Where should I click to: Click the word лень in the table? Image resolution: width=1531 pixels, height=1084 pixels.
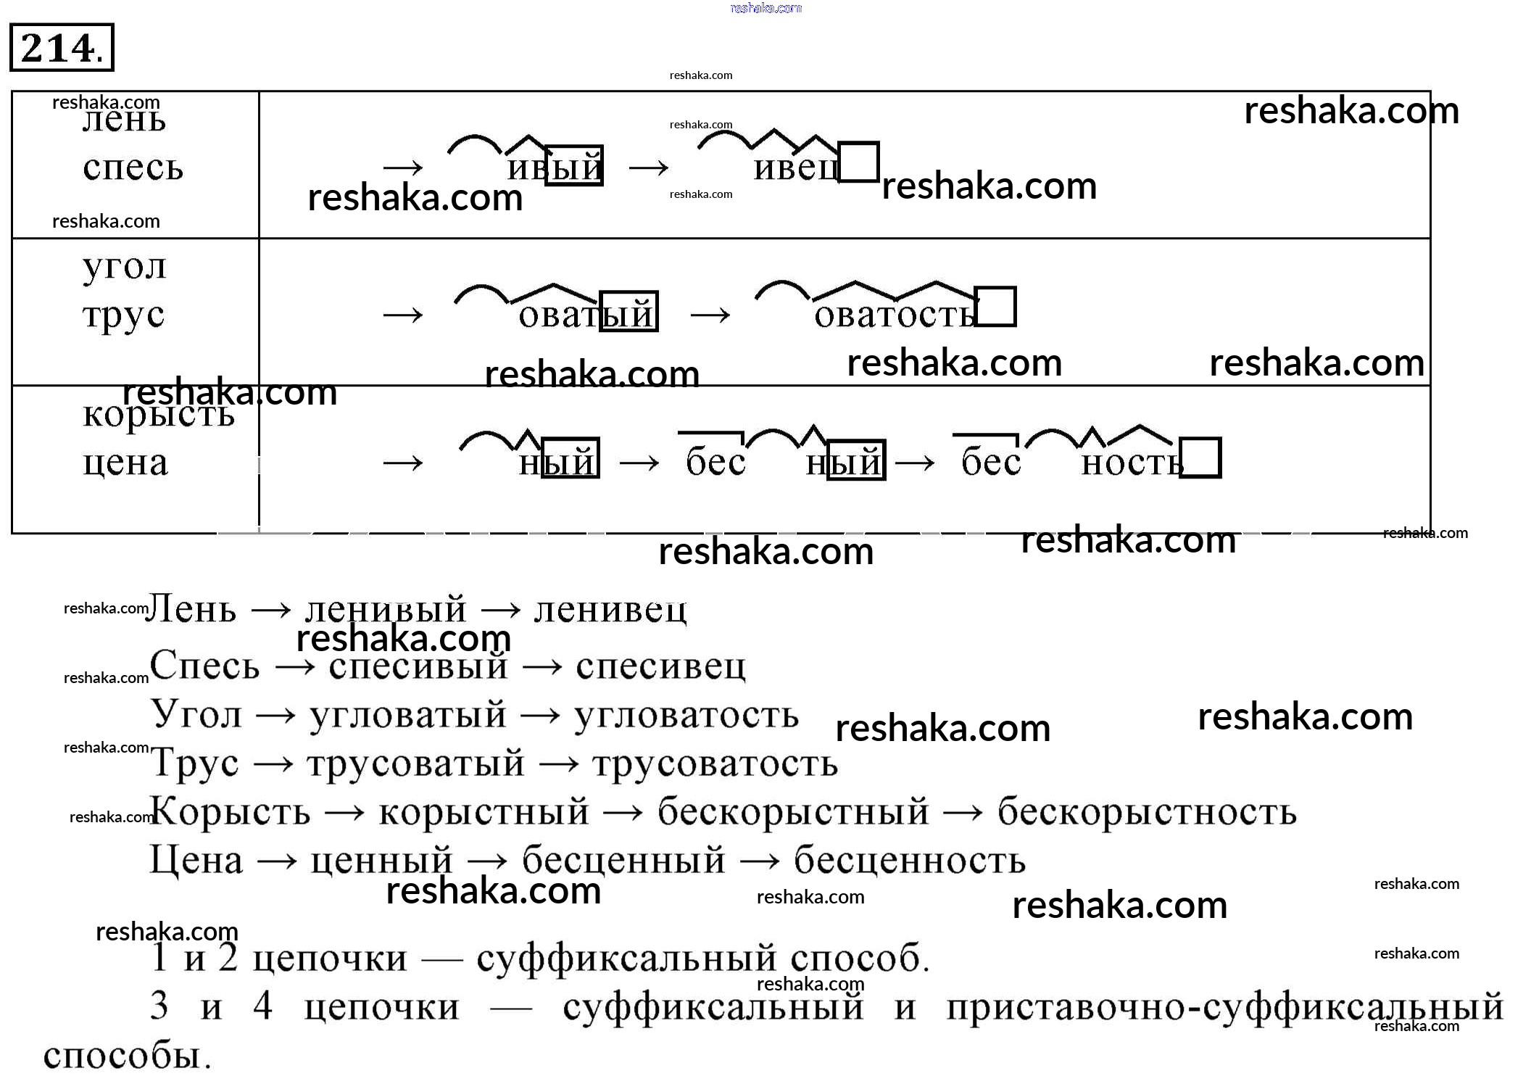point(124,120)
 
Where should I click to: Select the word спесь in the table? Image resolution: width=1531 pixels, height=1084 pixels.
point(133,167)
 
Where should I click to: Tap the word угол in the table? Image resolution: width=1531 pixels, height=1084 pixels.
point(125,267)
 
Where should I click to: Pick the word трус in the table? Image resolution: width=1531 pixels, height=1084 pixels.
point(124,315)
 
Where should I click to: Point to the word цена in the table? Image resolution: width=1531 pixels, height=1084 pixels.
point(125,462)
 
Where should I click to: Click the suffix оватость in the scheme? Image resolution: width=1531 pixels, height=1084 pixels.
point(895,315)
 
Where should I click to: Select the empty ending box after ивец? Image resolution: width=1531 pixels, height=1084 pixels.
point(859,162)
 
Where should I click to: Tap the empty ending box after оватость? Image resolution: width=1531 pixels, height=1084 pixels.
point(995,307)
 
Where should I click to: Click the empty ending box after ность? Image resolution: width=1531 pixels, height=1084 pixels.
point(1201,458)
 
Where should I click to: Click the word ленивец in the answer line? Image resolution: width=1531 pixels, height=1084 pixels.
point(610,610)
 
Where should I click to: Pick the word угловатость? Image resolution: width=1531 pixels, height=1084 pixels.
point(686,715)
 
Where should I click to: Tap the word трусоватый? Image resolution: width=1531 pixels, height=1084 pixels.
point(415,764)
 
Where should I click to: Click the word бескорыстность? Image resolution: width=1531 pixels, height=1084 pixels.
point(1147,811)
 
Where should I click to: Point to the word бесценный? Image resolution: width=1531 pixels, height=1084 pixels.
point(623,861)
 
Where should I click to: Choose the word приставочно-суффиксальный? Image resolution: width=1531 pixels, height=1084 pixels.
point(1224,1006)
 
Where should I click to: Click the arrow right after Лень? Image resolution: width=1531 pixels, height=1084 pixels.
point(270,611)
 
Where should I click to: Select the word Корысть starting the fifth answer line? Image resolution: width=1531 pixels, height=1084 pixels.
point(230,811)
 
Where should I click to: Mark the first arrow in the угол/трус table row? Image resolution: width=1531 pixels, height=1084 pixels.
point(403,315)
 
